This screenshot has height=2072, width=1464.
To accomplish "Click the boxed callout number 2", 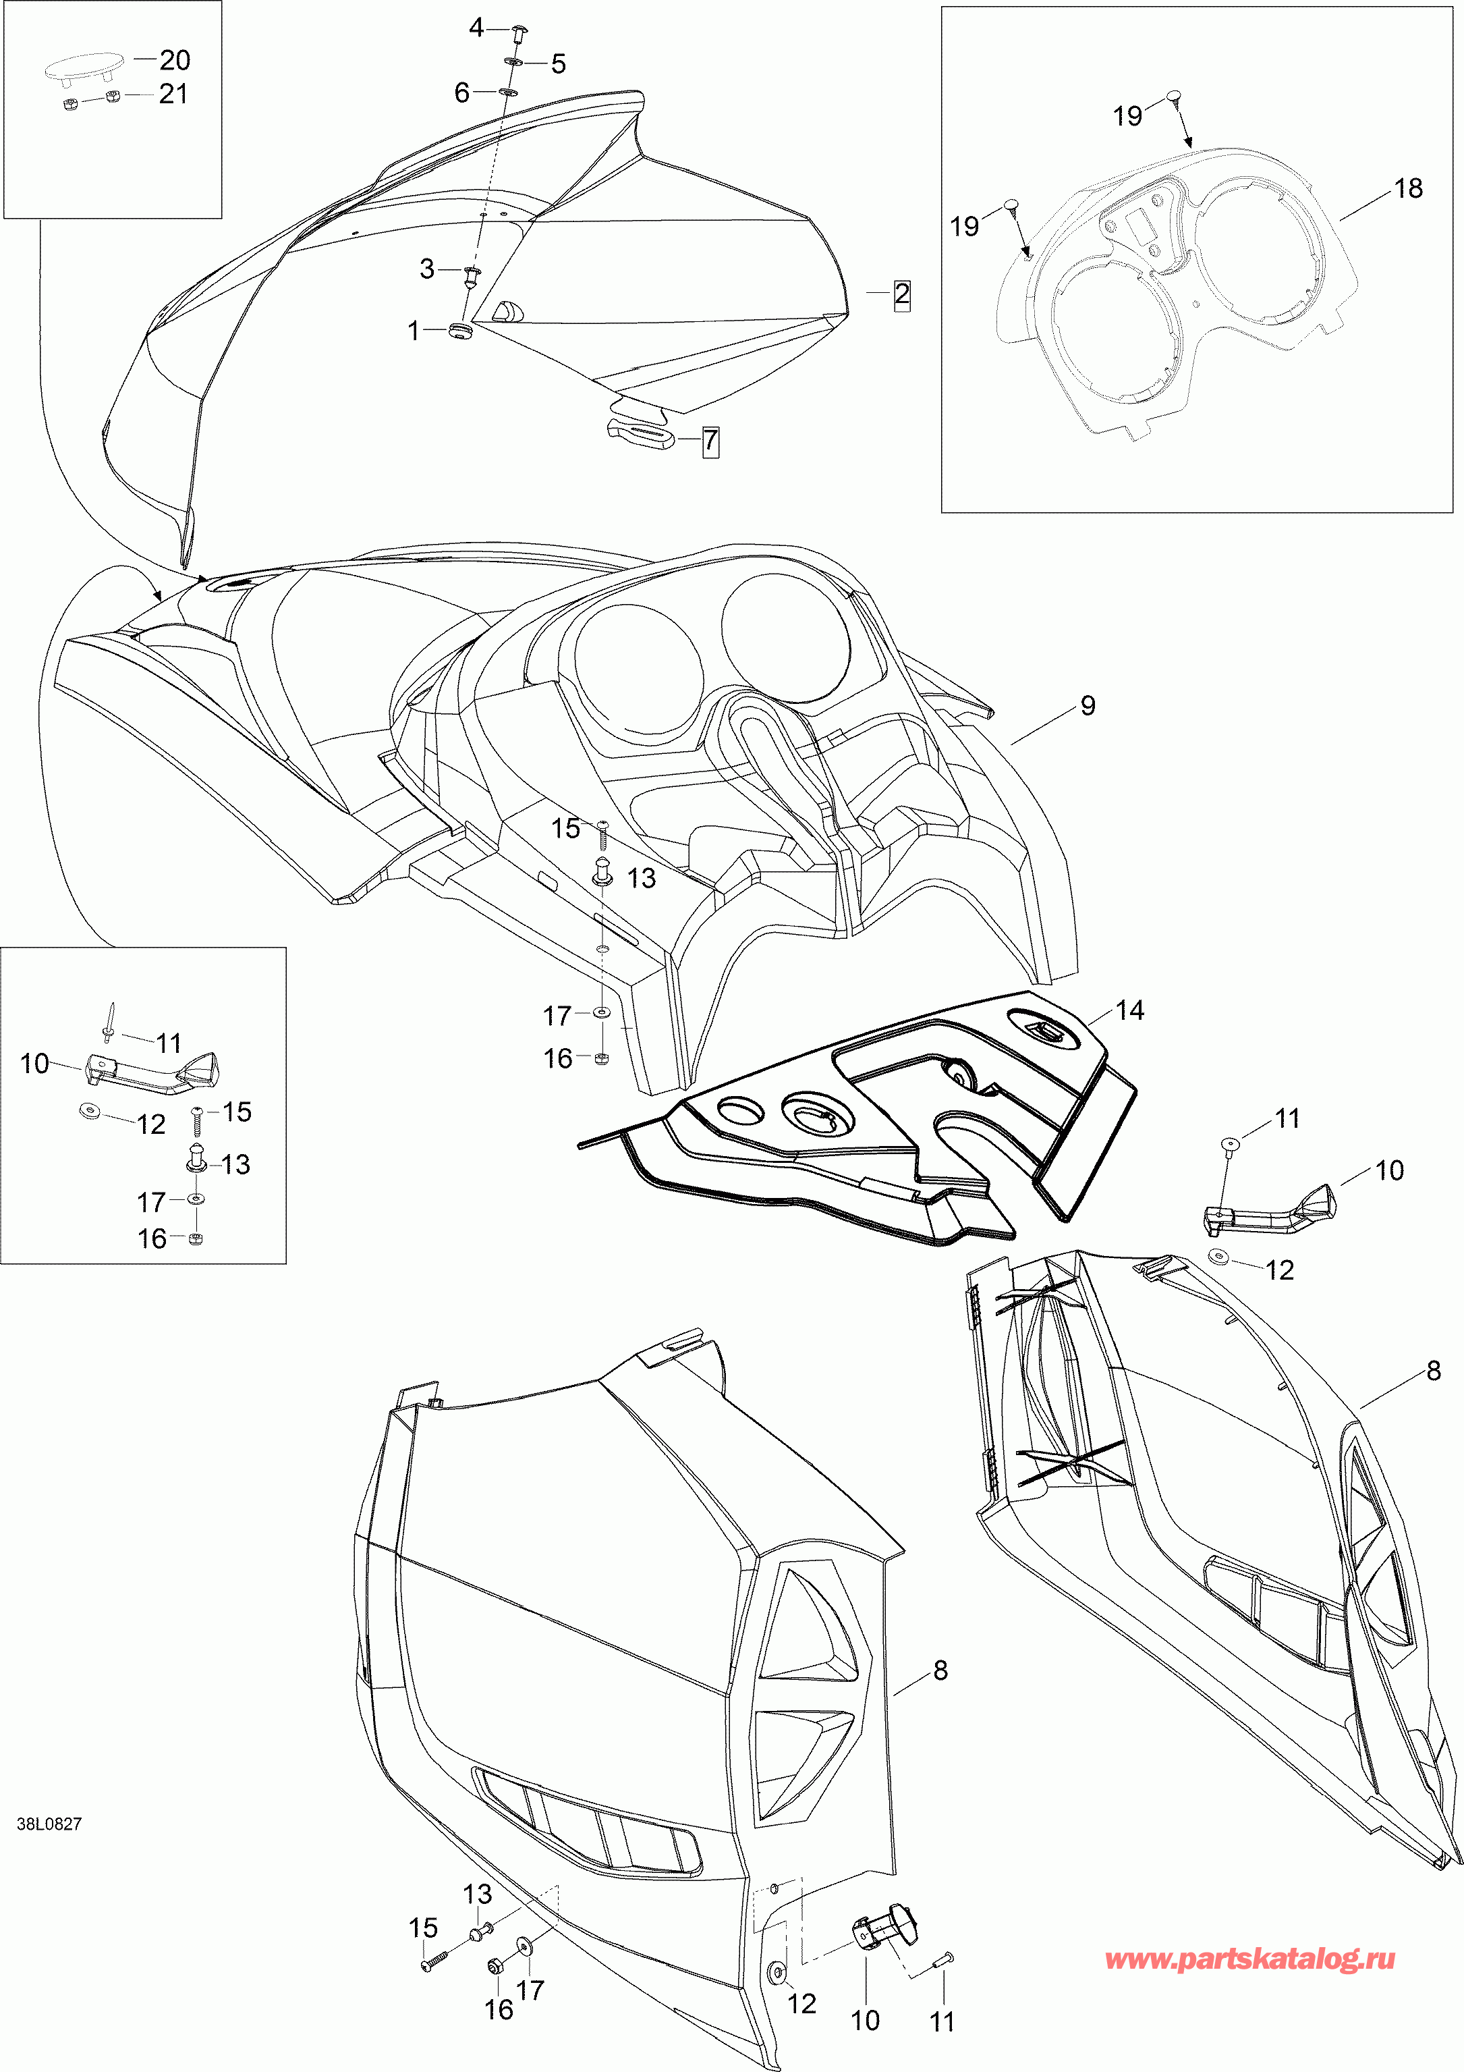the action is coord(901,294).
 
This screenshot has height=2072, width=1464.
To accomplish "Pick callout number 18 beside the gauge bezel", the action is coord(1407,188).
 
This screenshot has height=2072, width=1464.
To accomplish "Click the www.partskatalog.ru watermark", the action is coord(1250,1959).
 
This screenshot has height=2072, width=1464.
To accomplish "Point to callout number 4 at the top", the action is coord(476,28).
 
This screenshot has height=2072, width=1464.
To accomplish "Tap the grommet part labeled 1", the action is coord(461,330).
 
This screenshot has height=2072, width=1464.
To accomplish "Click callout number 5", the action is coord(559,63).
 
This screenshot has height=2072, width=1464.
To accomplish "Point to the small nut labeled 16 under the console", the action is coord(602,1057).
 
